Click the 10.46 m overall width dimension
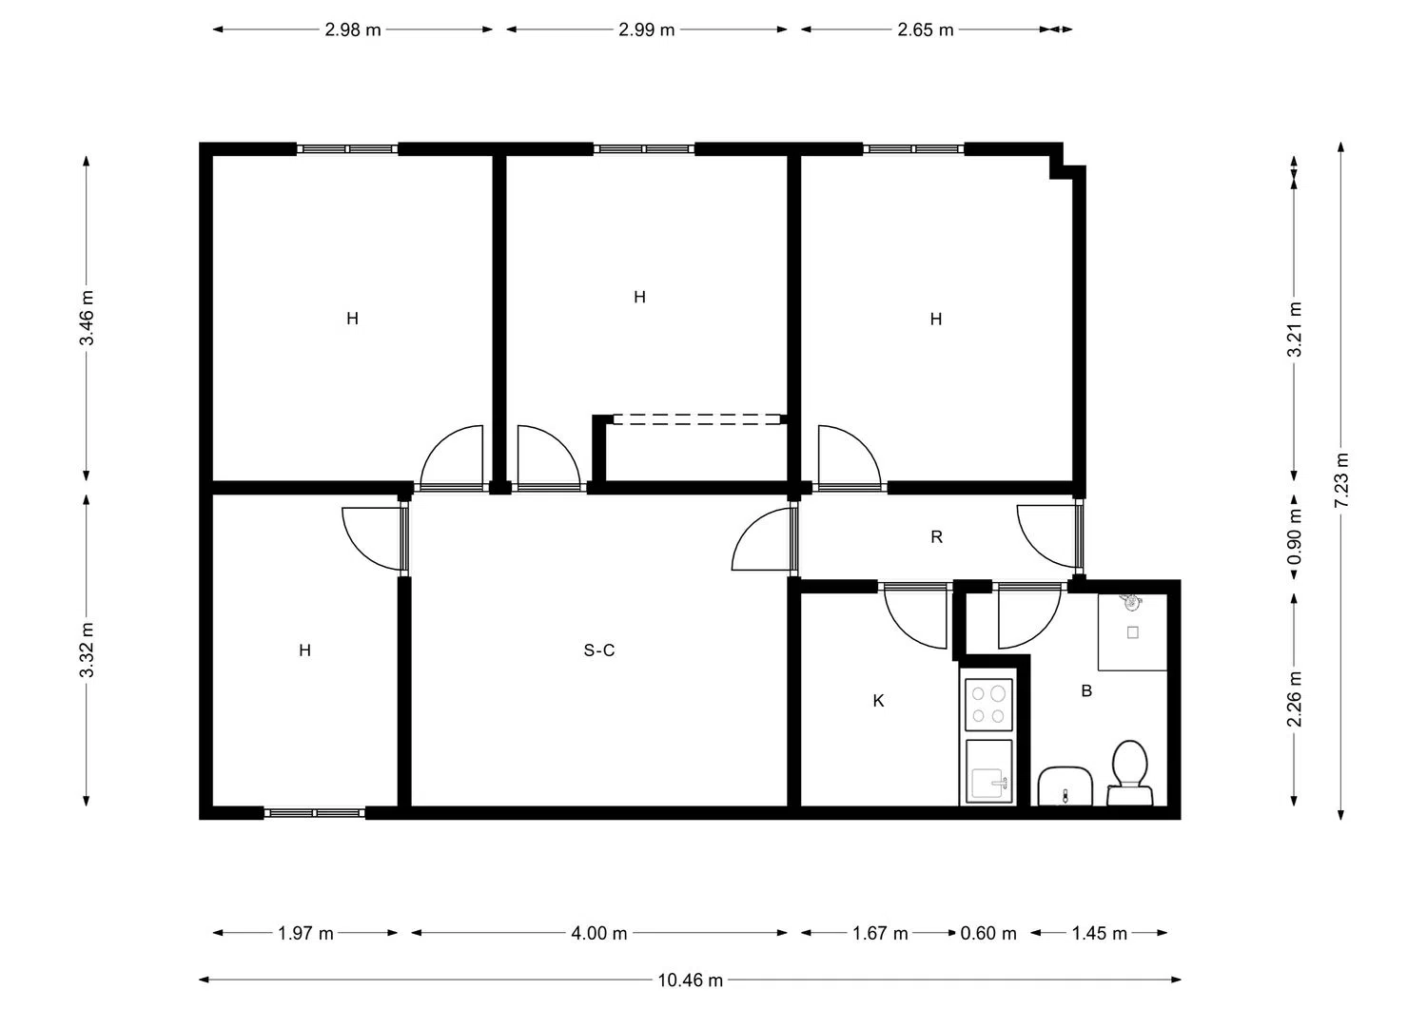690,980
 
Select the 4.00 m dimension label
598,933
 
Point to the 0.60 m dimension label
988,933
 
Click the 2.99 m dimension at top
647,29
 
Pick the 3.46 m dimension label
87,318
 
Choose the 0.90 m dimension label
1295,536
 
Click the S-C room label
599,650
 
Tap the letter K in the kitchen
878,701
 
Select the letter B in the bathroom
1086,690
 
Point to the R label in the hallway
936,537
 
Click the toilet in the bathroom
1130,772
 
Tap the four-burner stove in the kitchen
988,705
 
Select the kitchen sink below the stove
988,770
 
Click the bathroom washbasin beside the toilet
1065,786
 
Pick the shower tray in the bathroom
1132,631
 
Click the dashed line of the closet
696,419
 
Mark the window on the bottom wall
315,813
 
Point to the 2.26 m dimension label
1295,699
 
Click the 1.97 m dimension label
305,933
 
